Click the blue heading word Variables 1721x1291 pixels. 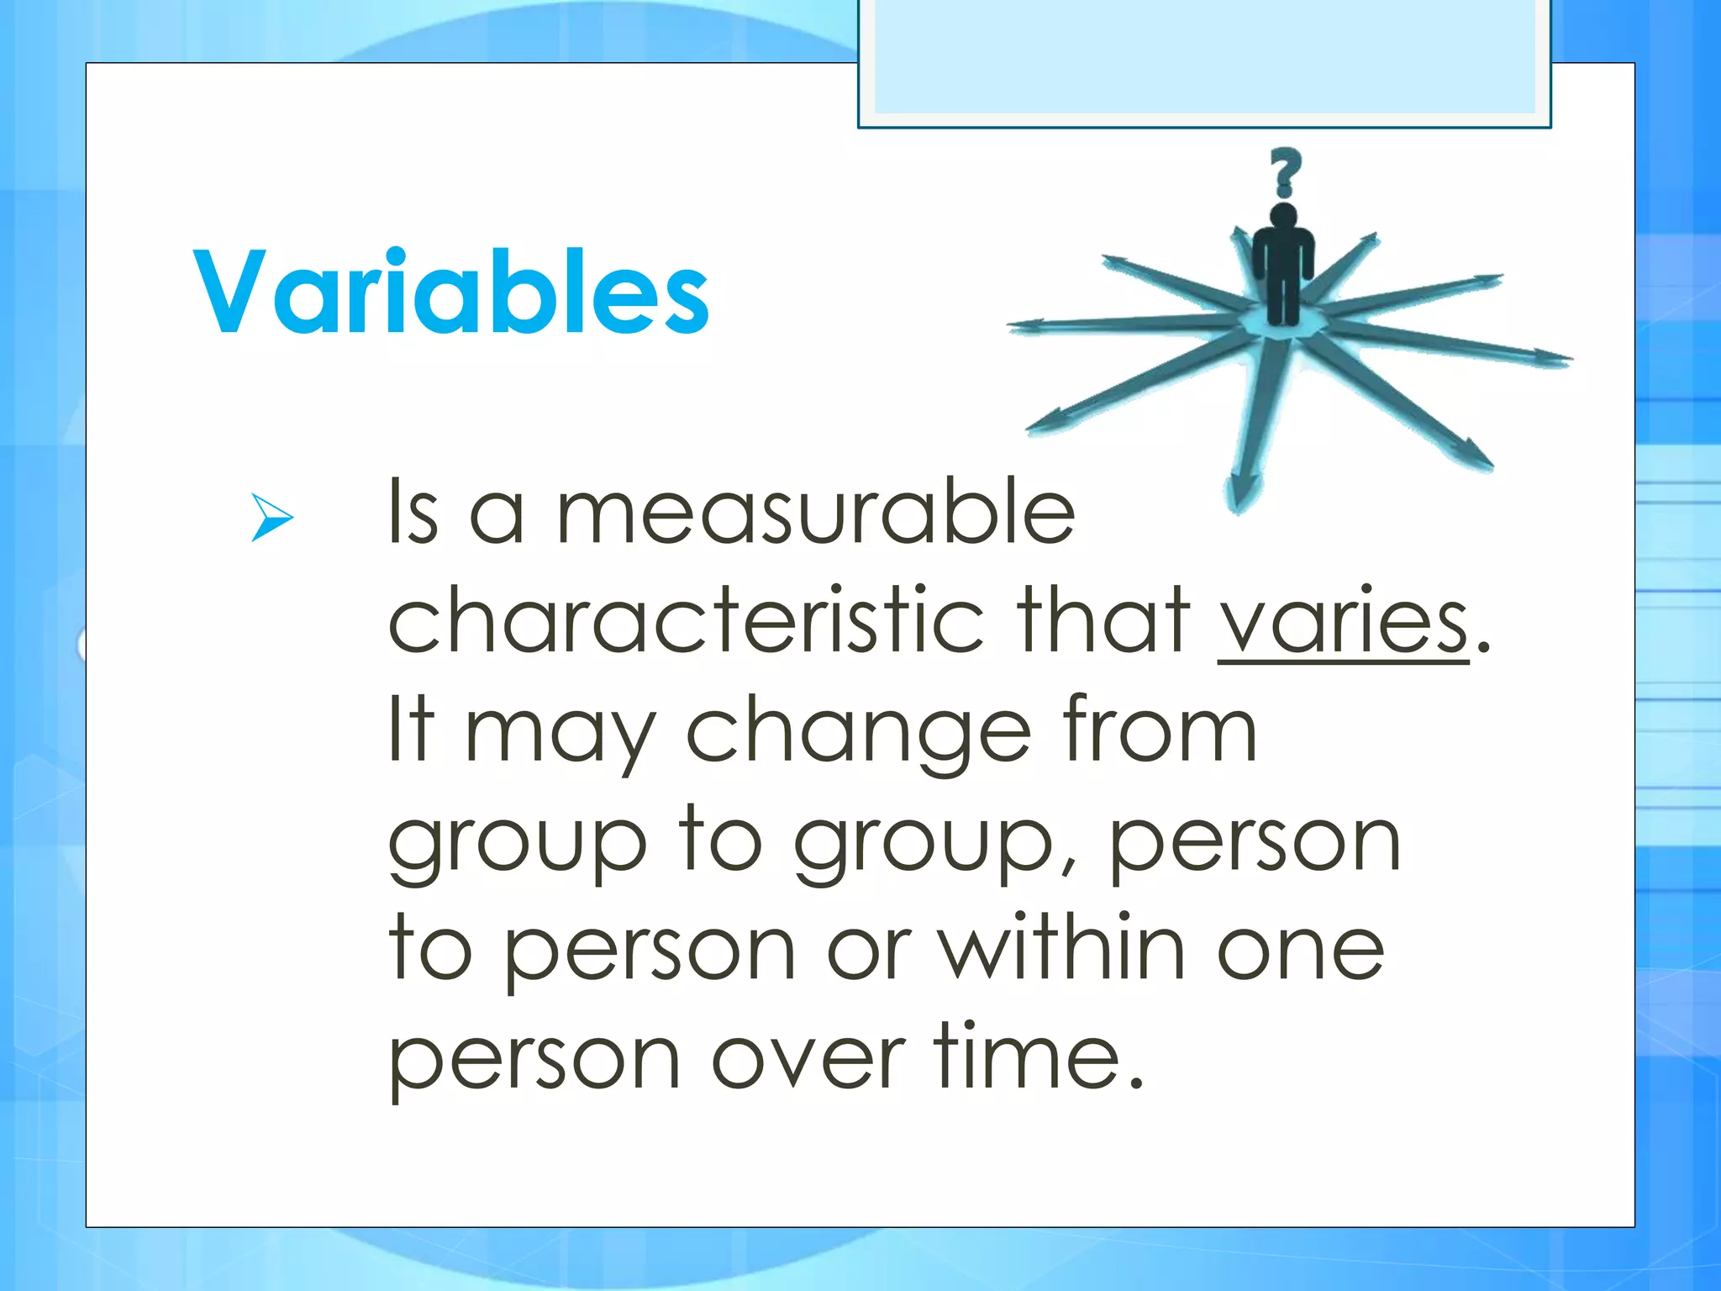[451, 292]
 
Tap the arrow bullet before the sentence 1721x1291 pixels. [271, 517]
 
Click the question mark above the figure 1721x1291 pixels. [1284, 172]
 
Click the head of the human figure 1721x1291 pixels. [1282, 214]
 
